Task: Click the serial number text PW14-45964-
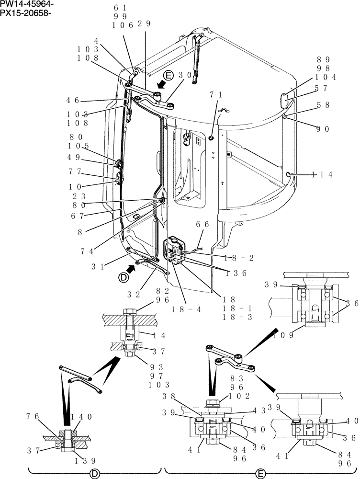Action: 27,4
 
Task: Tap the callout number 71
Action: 215,95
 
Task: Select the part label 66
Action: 202,224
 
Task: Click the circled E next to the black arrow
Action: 167,75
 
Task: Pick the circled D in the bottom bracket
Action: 95,473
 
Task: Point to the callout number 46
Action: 73,101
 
